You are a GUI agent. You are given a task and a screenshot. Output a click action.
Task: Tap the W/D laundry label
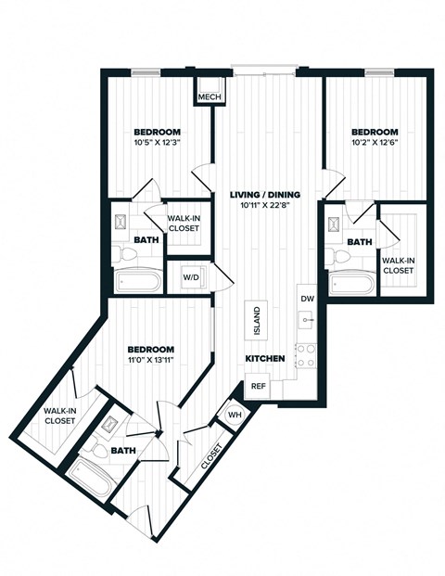190,277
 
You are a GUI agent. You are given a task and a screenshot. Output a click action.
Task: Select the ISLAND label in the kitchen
257,321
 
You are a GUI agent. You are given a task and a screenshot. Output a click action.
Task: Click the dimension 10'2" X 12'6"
375,145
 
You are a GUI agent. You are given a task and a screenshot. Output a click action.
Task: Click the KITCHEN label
264,358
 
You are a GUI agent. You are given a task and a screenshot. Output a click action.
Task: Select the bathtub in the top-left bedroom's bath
138,279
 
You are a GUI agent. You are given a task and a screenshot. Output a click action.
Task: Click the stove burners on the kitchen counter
305,354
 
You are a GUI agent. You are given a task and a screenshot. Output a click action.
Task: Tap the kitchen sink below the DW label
306,320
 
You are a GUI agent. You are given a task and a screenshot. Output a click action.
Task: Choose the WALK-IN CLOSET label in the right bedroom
399,265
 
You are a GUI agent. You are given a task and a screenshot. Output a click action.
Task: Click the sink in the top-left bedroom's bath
122,224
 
